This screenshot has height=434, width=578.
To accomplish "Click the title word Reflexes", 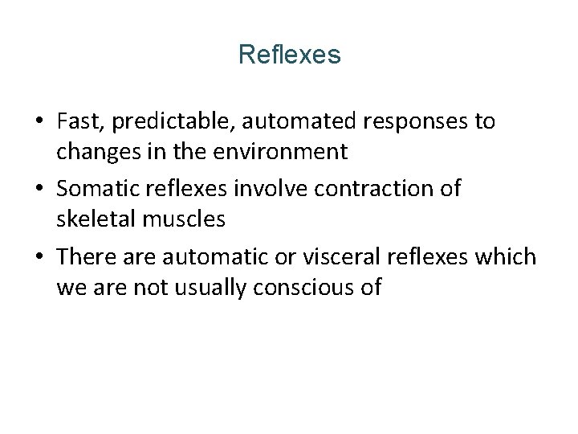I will click(x=289, y=55).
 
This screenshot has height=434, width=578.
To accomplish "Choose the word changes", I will click(x=96, y=150).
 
